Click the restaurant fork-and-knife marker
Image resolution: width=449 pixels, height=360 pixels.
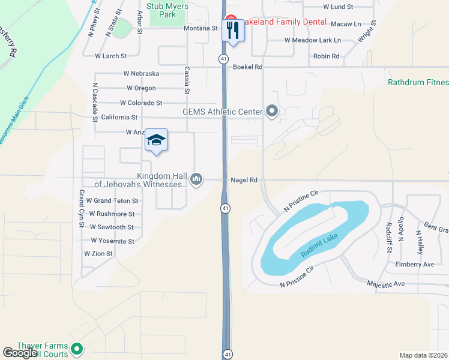click(x=233, y=30)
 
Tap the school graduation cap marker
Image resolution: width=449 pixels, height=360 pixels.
click(x=156, y=140)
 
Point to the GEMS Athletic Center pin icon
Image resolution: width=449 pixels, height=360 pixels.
click(x=272, y=111)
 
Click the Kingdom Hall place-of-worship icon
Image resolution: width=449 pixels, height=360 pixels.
click(x=196, y=179)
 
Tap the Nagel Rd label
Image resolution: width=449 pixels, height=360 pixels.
click(x=244, y=179)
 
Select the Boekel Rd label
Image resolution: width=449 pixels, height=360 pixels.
click(x=248, y=67)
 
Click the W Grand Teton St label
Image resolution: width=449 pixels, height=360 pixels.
click(x=112, y=200)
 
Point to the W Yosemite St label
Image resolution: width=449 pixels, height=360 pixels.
click(x=112, y=241)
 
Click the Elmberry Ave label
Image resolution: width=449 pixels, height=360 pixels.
click(x=415, y=264)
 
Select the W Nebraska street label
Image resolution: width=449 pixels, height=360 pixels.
click(x=141, y=73)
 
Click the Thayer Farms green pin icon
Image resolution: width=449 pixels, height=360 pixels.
click(x=76, y=348)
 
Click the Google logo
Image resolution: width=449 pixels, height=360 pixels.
click(x=20, y=353)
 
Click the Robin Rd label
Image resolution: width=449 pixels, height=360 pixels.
click(x=326, y=56)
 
